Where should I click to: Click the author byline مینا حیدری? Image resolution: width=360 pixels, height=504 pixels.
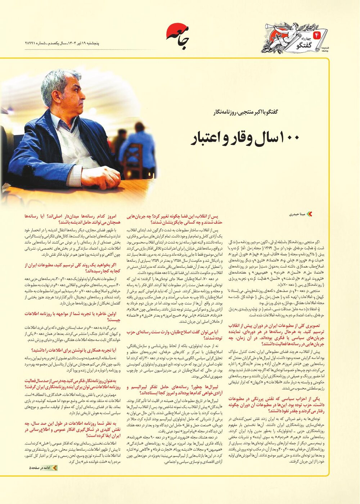click(x=297, y=214)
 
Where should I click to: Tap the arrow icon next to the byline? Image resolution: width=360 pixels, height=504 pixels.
click(x=309, y=214)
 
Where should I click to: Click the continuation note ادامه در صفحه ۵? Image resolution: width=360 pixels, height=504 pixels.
click(x=40, y=468)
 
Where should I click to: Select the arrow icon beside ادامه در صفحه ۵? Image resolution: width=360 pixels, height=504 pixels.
click(x=54, y=468)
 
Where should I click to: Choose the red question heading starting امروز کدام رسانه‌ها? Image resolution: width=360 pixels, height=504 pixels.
click(x=72, y=219)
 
